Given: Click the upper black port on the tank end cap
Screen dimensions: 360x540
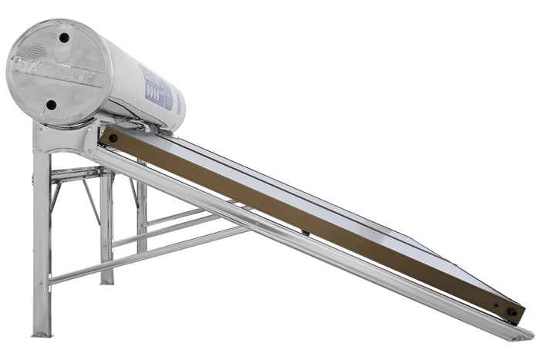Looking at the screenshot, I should [64, 37].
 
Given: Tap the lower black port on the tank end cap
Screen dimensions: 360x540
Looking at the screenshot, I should [51, 105].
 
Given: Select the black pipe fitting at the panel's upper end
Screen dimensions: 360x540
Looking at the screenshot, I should [113, 138].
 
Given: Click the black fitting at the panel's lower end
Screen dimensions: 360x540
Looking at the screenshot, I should [511, 312].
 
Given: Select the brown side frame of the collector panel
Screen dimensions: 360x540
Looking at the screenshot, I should [309, 224].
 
